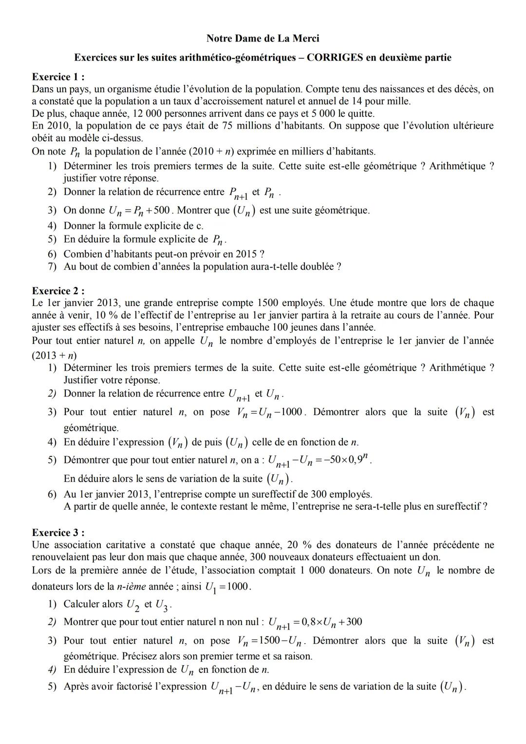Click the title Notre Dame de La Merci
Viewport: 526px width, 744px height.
point(263,38)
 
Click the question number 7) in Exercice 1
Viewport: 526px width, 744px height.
point(53,267)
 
